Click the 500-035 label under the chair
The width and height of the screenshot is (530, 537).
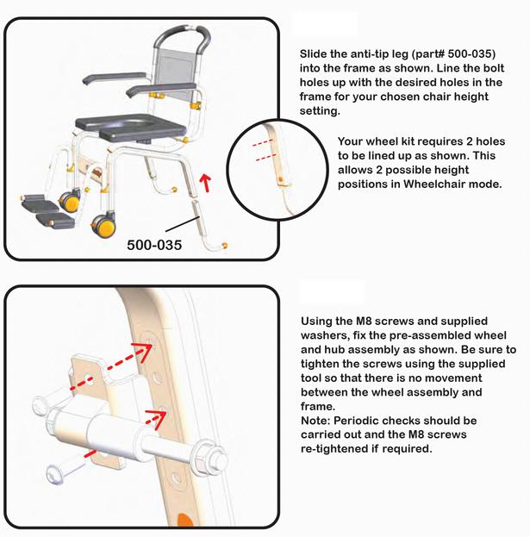pos(154,245)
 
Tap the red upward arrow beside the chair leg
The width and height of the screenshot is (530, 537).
pos(205,183)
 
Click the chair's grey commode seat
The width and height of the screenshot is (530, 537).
pos(131,128)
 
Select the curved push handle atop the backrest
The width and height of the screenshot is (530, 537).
pos(182,37)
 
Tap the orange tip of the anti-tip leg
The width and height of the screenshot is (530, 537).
pos(225,246)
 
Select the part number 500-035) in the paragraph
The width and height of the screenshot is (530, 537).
pos(471,53)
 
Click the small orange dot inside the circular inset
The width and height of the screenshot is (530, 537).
pos(281,179)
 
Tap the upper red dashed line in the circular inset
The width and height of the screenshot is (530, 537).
pos(263,142)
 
